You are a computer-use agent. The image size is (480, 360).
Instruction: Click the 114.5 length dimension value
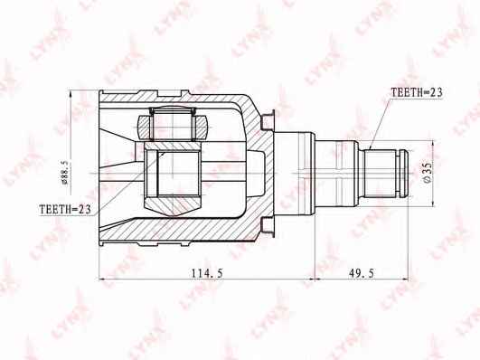tap(207, 272)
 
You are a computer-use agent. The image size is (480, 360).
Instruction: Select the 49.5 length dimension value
tap(362, 272)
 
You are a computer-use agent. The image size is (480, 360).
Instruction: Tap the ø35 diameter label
tap(428, 173)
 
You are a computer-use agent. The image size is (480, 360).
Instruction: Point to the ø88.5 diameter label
tap(65, 173)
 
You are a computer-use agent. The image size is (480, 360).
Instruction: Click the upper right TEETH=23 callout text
tap(417, 92)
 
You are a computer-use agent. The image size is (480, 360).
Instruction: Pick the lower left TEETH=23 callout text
tap(65, 209)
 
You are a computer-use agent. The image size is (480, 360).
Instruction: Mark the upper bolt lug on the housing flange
tap(268, 120)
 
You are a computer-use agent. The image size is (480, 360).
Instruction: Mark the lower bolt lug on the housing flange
tap(268, 227)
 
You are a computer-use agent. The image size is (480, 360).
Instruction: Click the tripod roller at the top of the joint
tap(173, 124)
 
